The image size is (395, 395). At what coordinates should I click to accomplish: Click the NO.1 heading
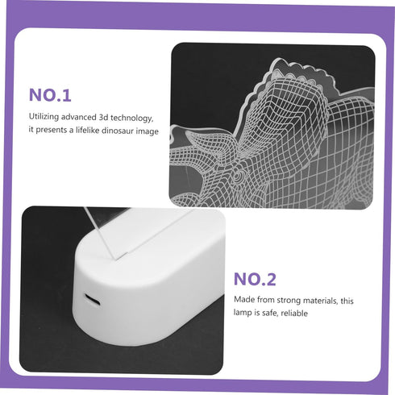tap(50, 95)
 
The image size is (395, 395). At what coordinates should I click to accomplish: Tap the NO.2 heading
tap(255, 279)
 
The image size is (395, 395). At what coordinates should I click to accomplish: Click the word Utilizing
tap(44, 117)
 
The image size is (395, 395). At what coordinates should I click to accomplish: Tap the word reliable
tap(294, 313)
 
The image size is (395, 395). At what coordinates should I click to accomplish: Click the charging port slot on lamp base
tap(93, 299)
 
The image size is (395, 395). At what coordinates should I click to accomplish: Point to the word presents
tap(52, 130)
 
